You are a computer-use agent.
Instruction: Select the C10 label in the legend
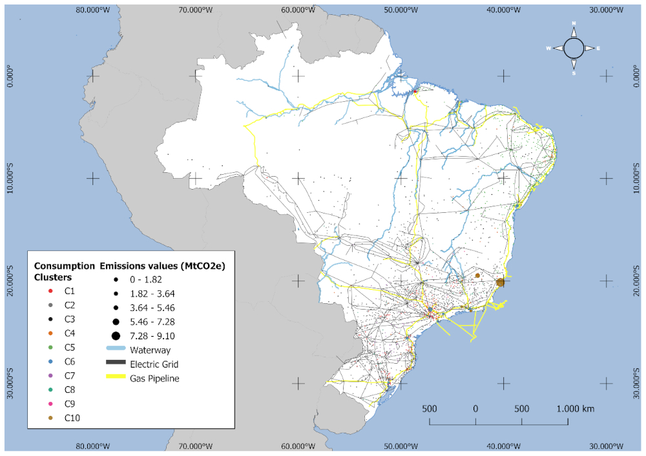pyautogui.click(x=72, y=417)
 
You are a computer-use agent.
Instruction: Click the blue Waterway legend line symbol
pyautogui.click(x=116, y=350)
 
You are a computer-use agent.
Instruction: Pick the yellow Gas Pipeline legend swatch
pyautogui.click(x=116, y=378)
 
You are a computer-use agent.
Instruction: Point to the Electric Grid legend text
pyautogui.click(x=153, y=364)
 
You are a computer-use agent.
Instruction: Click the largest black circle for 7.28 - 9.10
pyautogui.click(x=116, y=335)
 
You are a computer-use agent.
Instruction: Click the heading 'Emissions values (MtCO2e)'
pyautogui.click(x=166, y=266)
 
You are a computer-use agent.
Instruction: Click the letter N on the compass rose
pyautogui.click(x=574, y=24)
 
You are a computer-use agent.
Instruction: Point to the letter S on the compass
pyautogui.click(x=574, y=73)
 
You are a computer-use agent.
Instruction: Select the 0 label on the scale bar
pyautogui.click(x=475, y=408)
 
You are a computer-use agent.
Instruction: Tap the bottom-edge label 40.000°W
pyautogui.click(x=502, y=446)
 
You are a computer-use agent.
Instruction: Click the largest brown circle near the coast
pyautogui.click(x=501, y=282)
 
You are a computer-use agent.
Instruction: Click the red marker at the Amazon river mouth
pyautogui.click(x=415, y=91)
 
